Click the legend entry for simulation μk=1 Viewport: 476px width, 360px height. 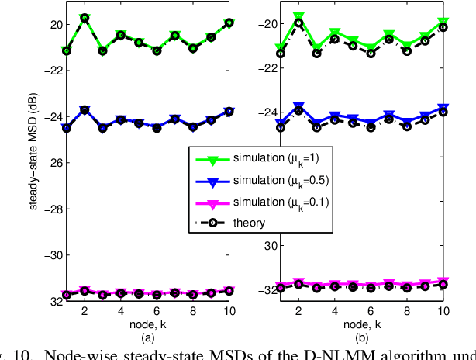pos(271,160)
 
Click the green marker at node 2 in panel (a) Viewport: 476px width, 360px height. pos(85,18)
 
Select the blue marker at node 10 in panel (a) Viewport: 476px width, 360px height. pos(229,111)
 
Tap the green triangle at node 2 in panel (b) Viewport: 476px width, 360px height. pos(298,16)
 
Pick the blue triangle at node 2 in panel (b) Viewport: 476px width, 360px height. pos(298,106)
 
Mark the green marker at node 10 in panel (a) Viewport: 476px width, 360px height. pos(229,23)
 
